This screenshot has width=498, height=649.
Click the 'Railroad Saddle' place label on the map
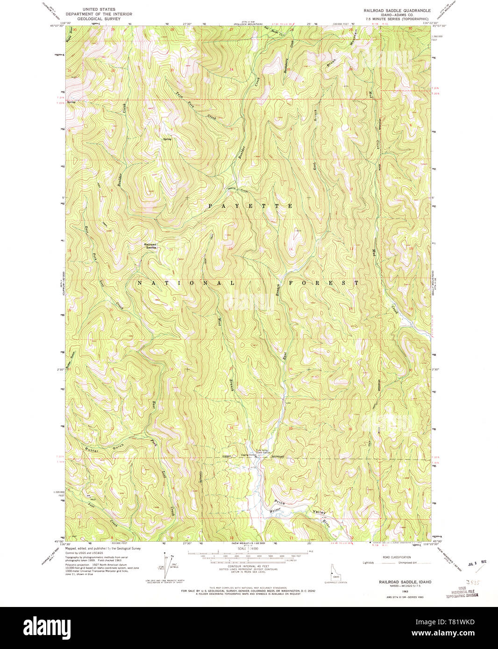[x=151, y=246]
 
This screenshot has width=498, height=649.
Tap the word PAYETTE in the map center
[x=250, y=206]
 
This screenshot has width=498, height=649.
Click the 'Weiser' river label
[x=277, y=511]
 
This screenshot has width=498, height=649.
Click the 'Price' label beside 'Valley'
[x=280, y=503]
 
